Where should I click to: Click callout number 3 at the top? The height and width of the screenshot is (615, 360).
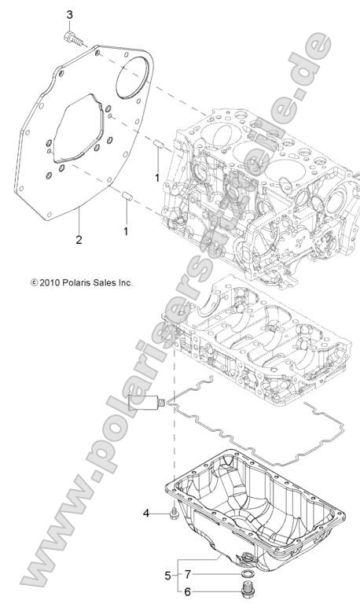pyautogui.click(x=70, y=15)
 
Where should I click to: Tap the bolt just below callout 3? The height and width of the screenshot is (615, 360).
pyautogui.click(x=73, y=37)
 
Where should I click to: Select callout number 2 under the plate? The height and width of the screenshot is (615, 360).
pyautogui.click(x=79, y=238)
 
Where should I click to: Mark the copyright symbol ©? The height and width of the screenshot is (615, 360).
pyautogui.click(x=34, y=281)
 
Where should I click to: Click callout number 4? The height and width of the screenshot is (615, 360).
pyautogui.click(x=145, y=514)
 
